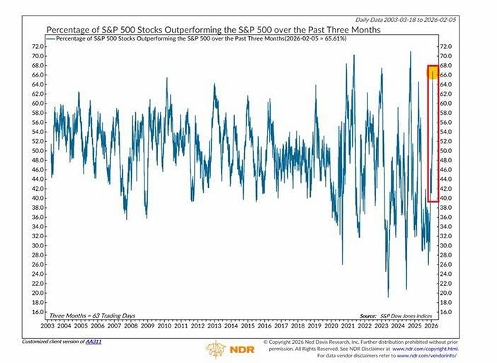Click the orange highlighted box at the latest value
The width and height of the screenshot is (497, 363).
(x=432, y=72)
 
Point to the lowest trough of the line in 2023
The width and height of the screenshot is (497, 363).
(x=388, y=296)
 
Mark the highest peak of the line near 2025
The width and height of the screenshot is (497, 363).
(x=410, y=52)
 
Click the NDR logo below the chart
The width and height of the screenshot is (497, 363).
(x=225, y=349)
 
